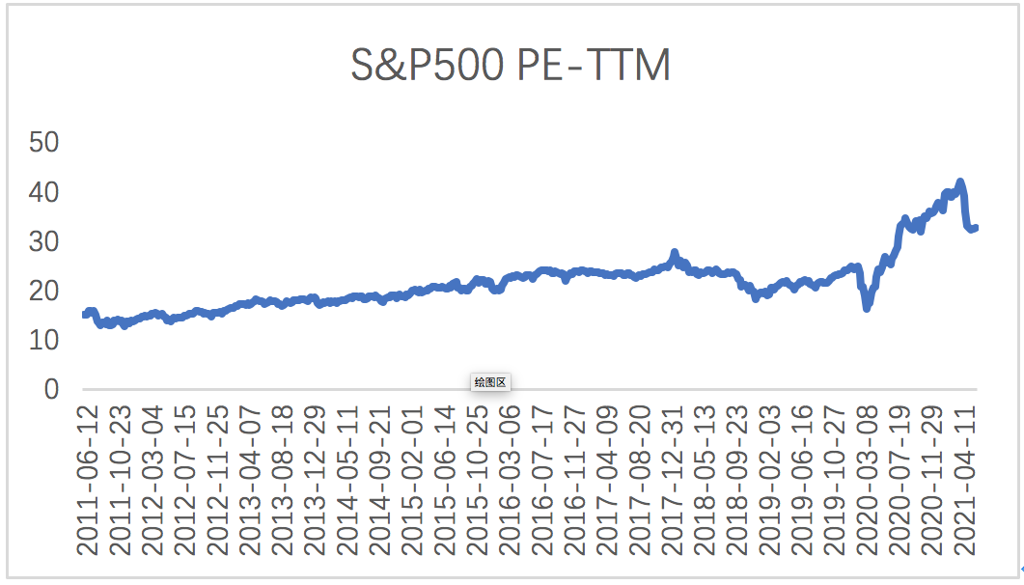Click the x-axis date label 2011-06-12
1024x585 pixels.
point(88,480)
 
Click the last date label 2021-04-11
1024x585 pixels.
point(966,480)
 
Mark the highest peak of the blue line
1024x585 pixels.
point(959,182)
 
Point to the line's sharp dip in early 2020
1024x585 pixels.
point(867,307)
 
